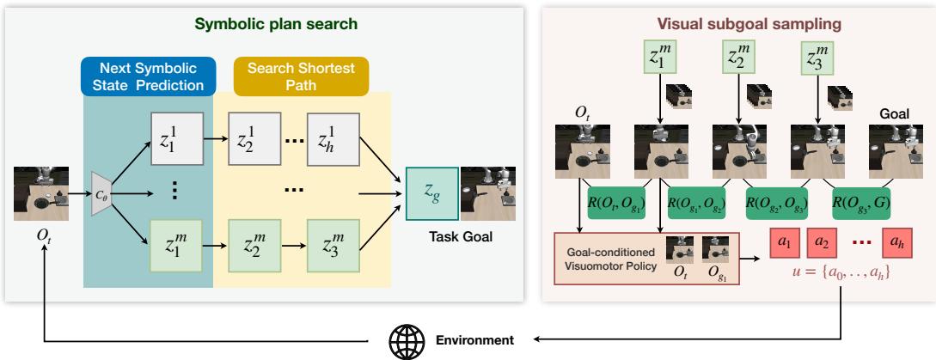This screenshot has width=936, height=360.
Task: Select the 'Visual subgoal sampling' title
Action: pos(737,25)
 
